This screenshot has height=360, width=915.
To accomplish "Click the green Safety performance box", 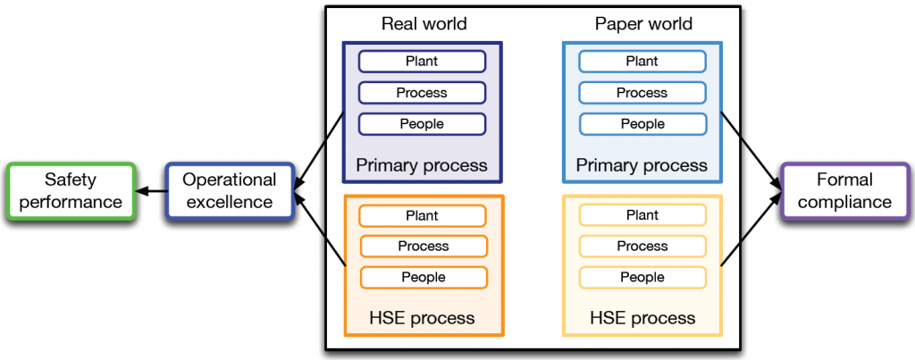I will (71, 191).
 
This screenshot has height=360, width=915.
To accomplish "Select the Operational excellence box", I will (230, 191).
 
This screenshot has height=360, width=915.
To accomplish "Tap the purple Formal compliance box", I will (844, 191).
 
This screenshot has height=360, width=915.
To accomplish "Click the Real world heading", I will (424, 24).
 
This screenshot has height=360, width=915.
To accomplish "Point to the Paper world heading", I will (643, 24).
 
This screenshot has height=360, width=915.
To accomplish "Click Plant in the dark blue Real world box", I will (422, 61).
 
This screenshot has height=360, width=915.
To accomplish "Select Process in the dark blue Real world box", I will (422, 92).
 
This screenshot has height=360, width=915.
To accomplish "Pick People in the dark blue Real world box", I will (422, 123).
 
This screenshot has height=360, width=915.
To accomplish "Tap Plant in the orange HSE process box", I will (422, 215).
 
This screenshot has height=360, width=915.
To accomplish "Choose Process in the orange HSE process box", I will (423, 246).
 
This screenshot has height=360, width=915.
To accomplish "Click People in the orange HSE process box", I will (423, 277).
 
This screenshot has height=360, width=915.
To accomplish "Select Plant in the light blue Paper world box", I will (642, 61).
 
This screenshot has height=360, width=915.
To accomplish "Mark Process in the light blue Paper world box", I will (642, 92).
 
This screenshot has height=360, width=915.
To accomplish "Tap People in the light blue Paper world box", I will (642, 123).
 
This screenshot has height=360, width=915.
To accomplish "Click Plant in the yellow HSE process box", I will (642, 215).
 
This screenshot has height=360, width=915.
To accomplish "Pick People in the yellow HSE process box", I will (642, 277).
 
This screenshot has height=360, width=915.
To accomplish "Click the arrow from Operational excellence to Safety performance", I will (151, 191).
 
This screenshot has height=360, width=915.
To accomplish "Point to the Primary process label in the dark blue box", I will (422, 165).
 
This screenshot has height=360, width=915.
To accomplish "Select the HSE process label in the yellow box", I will (642, 318).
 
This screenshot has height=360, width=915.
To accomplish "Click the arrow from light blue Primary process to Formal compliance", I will (751, 143).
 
